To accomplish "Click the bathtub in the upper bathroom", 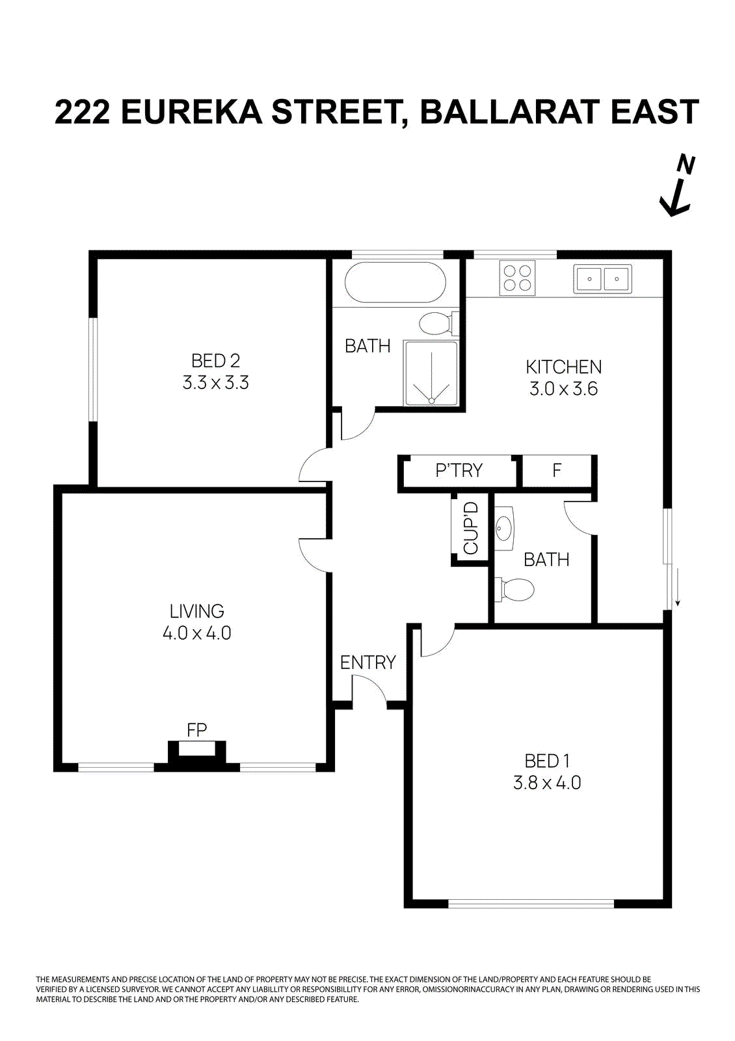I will click(x=395, y=282).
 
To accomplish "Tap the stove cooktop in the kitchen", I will click(x=517, y=278).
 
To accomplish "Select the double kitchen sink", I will click(x=602, y=278).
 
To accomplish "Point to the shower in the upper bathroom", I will click(x=431, y=373).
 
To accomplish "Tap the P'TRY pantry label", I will click(x=459, y=470).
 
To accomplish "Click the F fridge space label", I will click(x=557, y=470).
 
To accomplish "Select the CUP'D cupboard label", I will click(x=471, y=528).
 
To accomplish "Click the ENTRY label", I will click(x=367, y=662).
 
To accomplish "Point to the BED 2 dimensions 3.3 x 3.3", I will click(x=215, y=383).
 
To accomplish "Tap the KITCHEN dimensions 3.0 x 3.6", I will click(x=563, y=389).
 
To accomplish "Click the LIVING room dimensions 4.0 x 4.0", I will click(x=196, y=633).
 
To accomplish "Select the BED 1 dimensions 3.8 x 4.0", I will click(x=546, y=783).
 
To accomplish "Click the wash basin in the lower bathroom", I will click(x=505, y=528).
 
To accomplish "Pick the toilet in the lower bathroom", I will click(x=515, y=590).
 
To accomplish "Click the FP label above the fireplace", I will click(x=196, y=730).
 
